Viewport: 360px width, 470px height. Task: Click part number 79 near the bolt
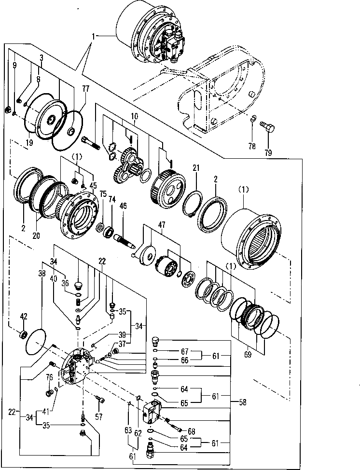(268, 152)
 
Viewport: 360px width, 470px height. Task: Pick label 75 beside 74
(103, 194)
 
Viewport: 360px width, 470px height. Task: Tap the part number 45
(93, 186)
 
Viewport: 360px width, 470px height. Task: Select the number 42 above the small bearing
(23, 316)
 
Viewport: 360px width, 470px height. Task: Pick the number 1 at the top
(95, 35)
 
